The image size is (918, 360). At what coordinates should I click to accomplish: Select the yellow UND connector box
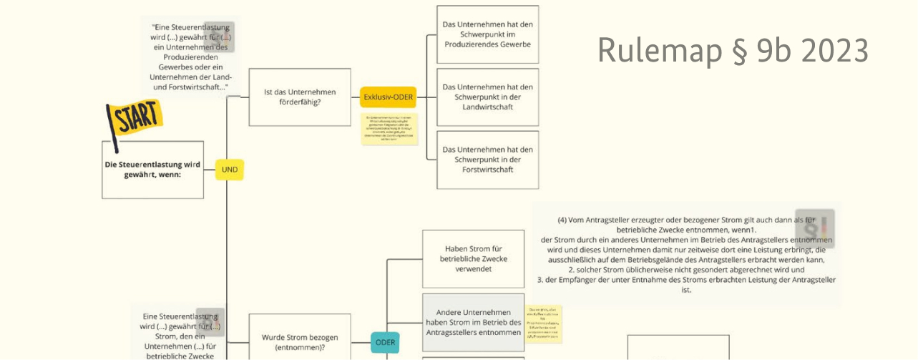pos(230,170)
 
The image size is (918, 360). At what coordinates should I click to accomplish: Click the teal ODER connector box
pos(385,342)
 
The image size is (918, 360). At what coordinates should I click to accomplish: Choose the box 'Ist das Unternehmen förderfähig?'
pos(299,97)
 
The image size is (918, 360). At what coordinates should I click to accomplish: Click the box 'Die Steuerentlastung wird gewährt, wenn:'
pos(152,170)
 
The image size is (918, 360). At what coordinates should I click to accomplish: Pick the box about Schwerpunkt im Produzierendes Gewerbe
pos(487,34)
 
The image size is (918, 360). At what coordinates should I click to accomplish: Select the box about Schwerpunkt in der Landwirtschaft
pos(487,97)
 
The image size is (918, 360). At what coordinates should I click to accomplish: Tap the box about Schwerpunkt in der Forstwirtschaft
pos(487,160)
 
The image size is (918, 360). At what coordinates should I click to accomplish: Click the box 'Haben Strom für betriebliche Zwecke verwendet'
pos(473,259)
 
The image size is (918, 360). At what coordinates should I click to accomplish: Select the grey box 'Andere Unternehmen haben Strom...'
pos(473,322)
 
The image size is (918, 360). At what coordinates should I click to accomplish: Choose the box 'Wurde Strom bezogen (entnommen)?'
pos(299,342)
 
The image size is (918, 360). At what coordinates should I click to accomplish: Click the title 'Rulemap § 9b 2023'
pos(733,50)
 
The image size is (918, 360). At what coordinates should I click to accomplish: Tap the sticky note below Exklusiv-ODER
pos(389,129)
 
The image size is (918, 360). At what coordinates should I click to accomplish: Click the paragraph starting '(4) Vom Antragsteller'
pos(686,255)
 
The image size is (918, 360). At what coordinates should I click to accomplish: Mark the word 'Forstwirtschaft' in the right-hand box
pos(487,170)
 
